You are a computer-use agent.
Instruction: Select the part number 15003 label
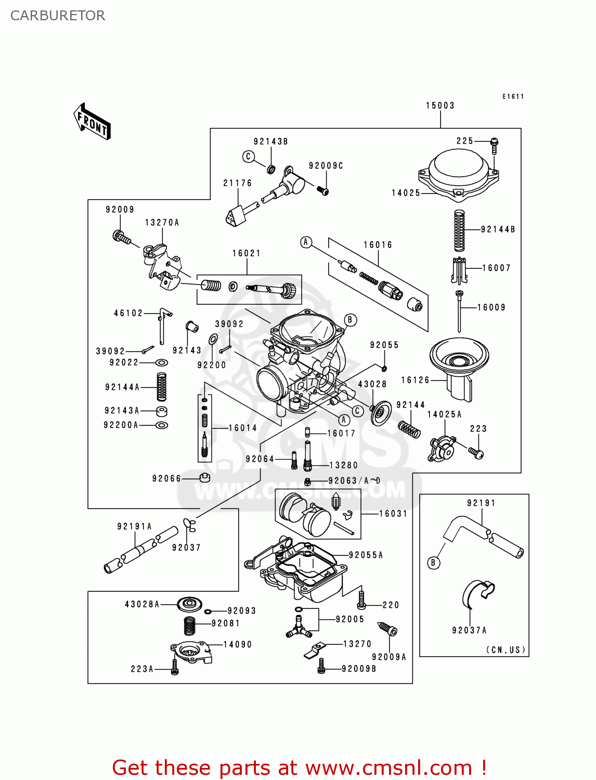click(440, 106)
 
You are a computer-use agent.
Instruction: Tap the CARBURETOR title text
click(58, 16)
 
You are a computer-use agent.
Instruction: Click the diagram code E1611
click(513, 97)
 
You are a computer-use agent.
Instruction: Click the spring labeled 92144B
click(459, 231)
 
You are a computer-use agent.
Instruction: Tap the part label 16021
click(247, 253)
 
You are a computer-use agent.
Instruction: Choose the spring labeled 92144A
click(162, 387)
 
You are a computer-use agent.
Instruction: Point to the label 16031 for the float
click(393, 514)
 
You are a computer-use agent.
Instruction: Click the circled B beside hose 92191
click(433, 563)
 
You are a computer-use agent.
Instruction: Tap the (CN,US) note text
click(506, 650)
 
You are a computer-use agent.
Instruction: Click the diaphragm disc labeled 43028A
click(189, 604)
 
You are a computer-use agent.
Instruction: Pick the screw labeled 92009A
click(387, 629)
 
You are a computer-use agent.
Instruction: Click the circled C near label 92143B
click(249, 157)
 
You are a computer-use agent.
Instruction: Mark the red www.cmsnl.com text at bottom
click(388, 768)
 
